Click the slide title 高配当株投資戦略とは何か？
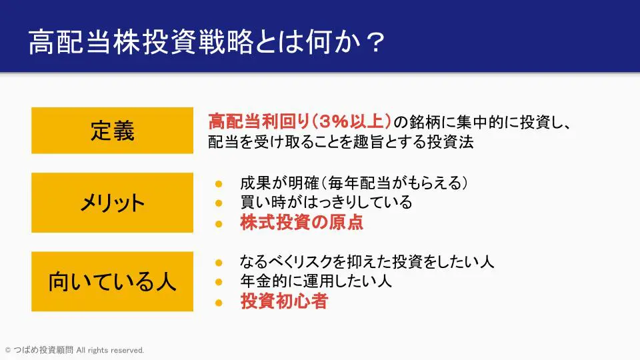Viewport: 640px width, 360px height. (x=207, y=42)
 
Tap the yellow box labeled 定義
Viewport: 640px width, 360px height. (x=112, y=131)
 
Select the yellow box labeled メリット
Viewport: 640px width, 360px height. (x=112, y=203)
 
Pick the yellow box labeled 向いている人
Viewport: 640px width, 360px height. (x=112, y=281)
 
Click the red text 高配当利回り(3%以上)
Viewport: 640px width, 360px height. (x=299, y=121)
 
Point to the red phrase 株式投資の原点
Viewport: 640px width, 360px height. (x=301, y=223)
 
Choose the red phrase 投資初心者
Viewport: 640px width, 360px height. (x=285, y=301)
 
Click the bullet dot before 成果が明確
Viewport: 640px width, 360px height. (x=219, y=184)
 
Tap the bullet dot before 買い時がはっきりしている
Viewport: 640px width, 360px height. (x=219, y=203)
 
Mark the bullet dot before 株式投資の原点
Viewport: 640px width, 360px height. (x=219, y=224)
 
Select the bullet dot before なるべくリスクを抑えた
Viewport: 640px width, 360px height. (x=219, y=263)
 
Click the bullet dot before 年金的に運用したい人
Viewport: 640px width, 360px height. (x=219, y=281)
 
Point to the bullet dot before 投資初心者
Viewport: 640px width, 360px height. (x=219, y=303)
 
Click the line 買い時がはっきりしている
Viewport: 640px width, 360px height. (x=326, y=203)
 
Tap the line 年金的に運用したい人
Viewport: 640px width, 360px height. (x=316, y=281)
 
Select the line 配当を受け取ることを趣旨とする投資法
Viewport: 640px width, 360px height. (x=341, y=142)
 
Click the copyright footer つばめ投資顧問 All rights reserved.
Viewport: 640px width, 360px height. (x=75, y=350)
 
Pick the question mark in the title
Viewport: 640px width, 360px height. (x=374, y=43)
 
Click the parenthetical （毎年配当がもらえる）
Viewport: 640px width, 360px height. (x=396, y=183)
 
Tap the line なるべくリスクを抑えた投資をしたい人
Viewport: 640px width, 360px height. (x=367, y=261)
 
